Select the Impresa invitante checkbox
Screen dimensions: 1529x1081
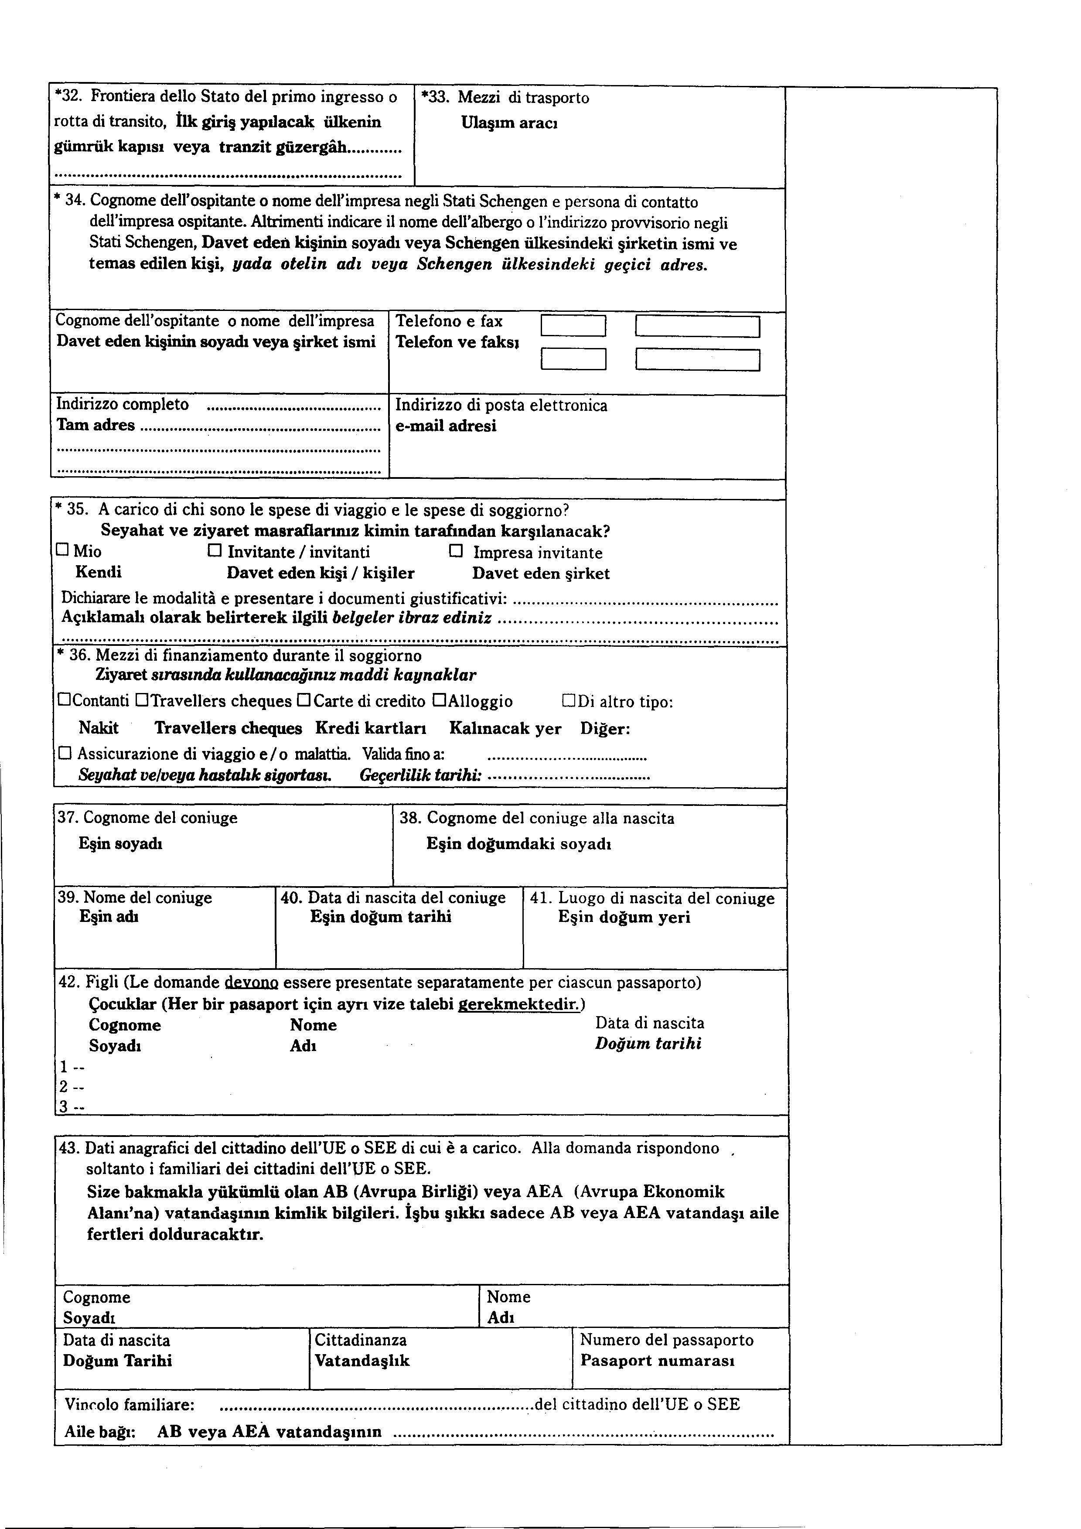[456, 551]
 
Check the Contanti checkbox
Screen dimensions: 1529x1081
[65, 700]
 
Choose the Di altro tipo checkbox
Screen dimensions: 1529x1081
[569, 700]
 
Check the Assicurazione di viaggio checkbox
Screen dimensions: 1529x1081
[65, 753]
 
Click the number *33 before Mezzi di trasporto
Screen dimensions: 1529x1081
[436, 98]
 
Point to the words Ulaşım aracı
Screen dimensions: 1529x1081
[509, 123]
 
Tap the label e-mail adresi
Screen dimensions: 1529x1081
[446, 426]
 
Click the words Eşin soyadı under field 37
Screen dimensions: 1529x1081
[120, 844]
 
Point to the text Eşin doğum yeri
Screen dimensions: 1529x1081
[624, 917]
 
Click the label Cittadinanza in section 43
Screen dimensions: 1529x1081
[360, 1340]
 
